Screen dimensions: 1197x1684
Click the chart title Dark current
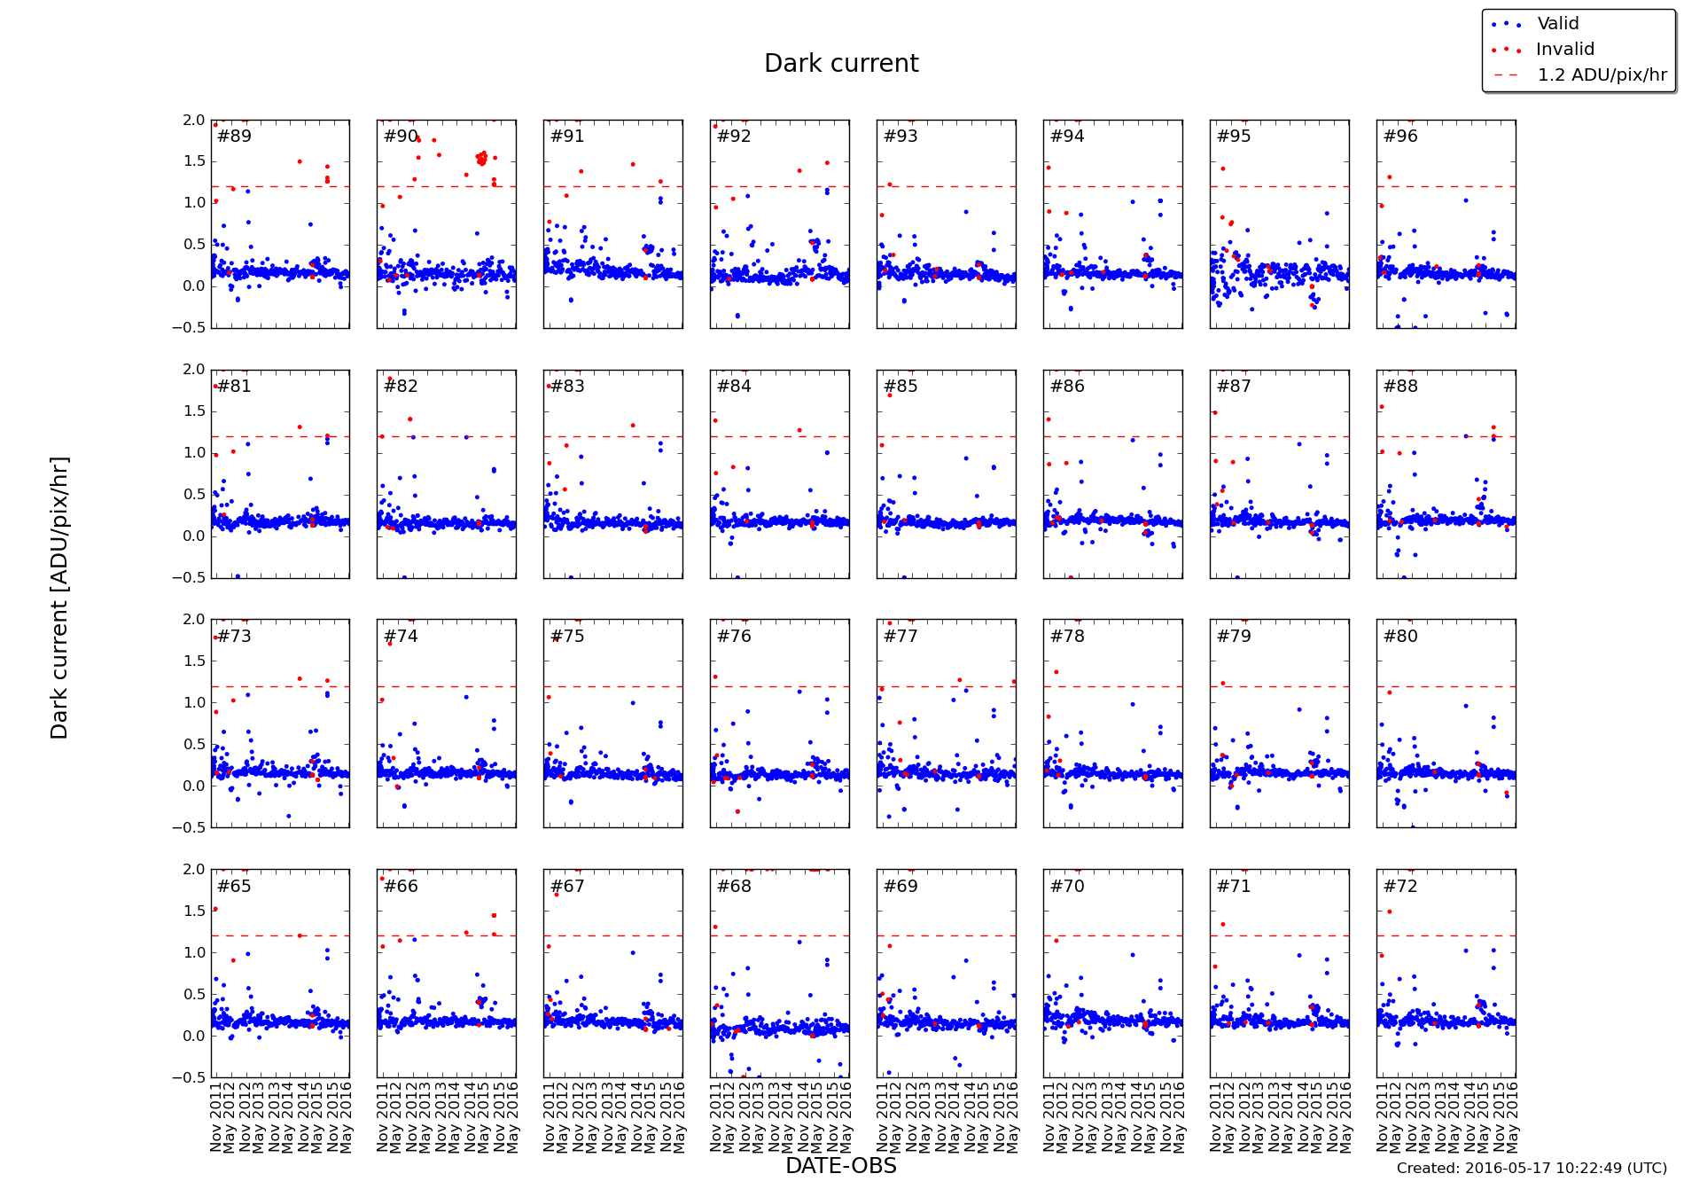[841, 64]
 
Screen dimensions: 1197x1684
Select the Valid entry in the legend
[1557, 24]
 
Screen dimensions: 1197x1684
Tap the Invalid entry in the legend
[1564, 50]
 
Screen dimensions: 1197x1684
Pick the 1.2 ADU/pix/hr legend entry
[1602, 75]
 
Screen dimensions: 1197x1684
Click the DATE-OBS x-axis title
[841, 1166]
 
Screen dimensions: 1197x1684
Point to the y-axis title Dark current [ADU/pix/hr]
[59, 598]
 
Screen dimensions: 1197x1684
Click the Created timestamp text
[1532, 1169]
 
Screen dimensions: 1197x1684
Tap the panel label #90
[401, 137]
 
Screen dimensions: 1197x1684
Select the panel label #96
[1400, 137]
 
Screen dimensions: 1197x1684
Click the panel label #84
[734, 387]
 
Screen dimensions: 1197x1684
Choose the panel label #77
[900, 637]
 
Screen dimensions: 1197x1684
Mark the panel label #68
[734, 887]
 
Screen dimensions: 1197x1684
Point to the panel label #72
[1400, 887]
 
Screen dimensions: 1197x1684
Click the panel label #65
[234, 887]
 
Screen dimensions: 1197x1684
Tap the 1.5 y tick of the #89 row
[194, 161]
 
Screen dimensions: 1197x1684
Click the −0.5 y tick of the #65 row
[191, 1077]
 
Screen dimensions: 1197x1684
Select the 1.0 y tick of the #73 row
[194, 702]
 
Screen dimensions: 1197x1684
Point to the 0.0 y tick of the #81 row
[194, 536]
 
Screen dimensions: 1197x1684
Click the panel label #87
[1234, 387]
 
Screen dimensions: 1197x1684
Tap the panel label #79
[1234, 637]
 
